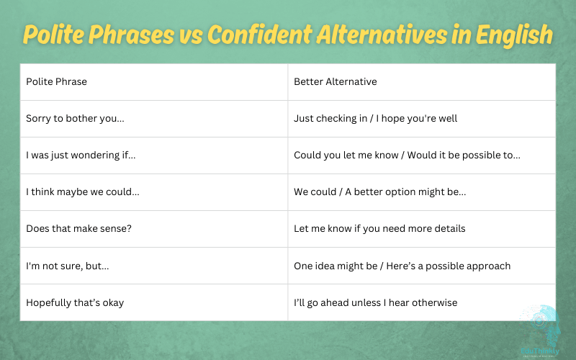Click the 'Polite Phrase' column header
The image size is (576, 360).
click(x=56, y=81)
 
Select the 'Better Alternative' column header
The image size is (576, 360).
click(x=335, y=81)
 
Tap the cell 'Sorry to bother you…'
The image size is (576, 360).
click(x=75, y=118)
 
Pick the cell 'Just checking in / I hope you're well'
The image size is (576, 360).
click(x=375, y=118)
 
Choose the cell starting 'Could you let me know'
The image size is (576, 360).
click(x=407, y=155)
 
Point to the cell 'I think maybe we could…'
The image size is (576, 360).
click(x=83, y=192)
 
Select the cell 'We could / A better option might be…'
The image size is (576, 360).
click(x=379, y=192)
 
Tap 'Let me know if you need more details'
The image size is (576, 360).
click(x=379, y=228)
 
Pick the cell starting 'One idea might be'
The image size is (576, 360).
click(x=402, y=266)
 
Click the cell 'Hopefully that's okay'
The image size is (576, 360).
click(x=75, y=302)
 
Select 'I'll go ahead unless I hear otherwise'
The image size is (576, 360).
click(x=375, y=302)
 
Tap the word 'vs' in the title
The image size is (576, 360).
click(x=189, y=34)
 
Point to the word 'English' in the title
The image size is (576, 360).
click(x=514, y=34)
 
